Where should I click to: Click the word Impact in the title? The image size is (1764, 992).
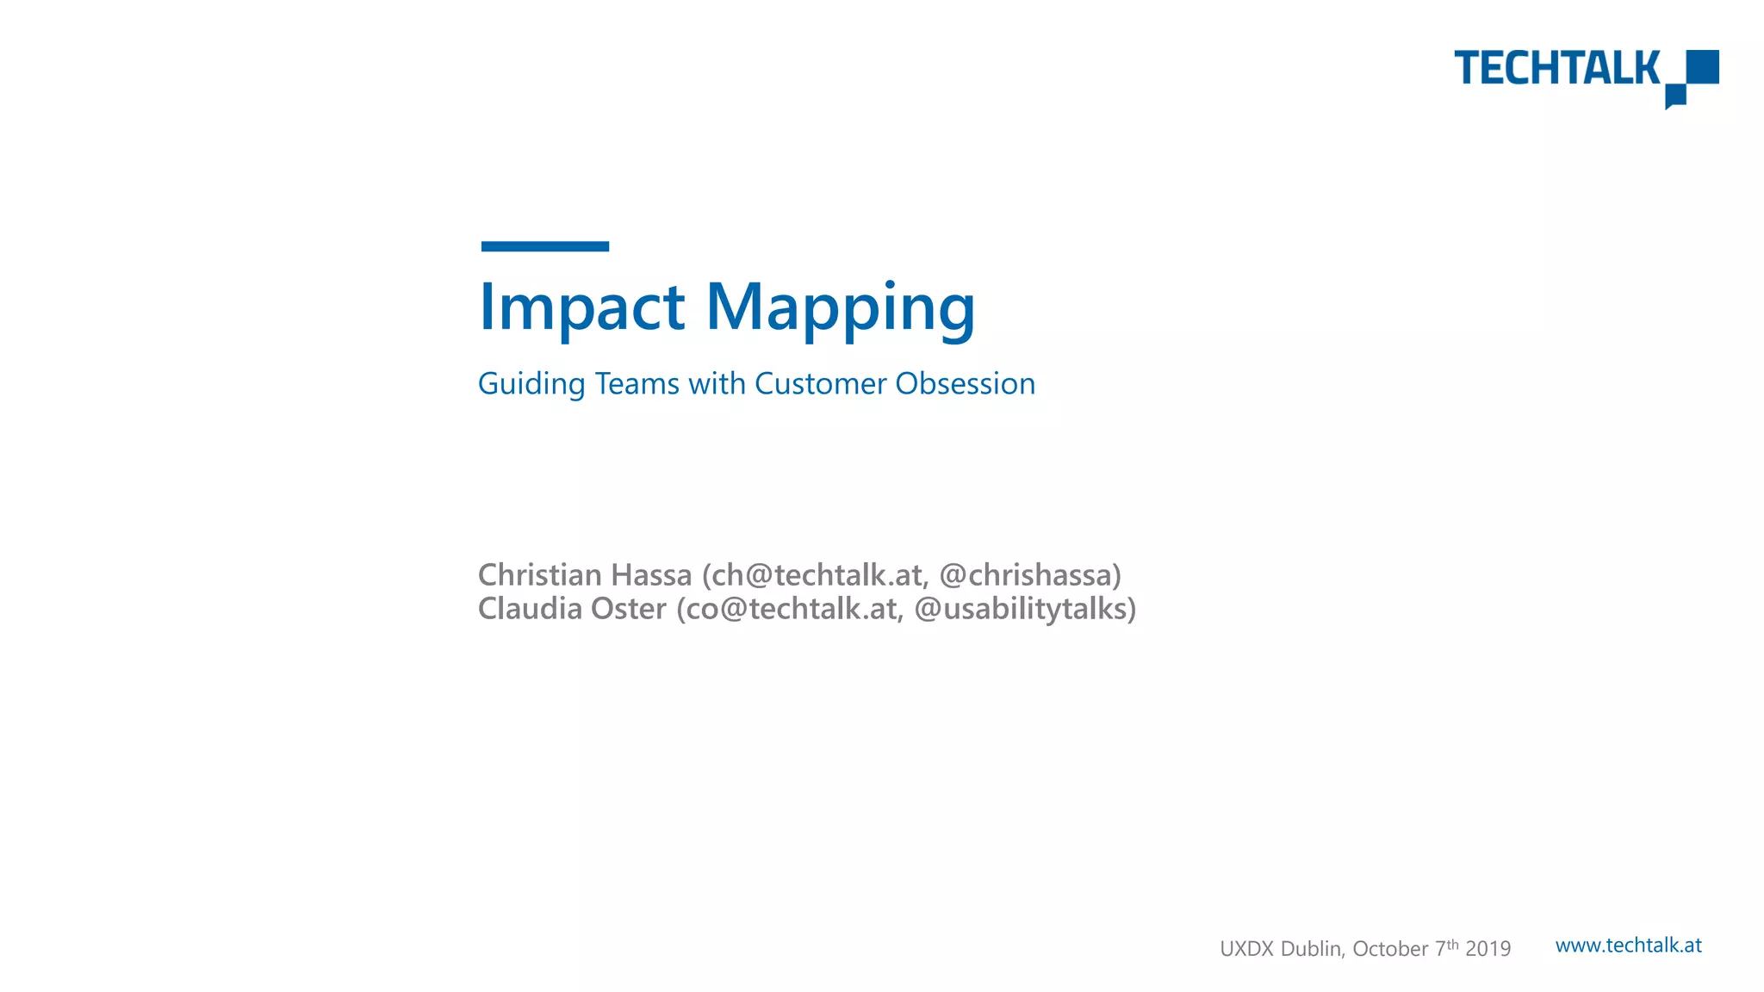point(581,307)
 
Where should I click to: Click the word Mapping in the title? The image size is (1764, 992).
point(841,308)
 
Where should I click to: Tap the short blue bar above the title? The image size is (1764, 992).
point(544,246)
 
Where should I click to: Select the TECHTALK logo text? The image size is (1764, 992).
point(1556,68)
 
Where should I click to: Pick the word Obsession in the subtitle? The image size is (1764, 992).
point(965,384)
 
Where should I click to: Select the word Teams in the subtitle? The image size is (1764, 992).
point(637,384)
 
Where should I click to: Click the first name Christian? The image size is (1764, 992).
point(541,574)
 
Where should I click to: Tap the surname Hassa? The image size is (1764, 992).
point(651,574)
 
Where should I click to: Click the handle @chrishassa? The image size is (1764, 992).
point(1029,574)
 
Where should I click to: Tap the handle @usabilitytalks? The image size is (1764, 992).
point(1024,609)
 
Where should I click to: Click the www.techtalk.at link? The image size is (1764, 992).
point(1628,945)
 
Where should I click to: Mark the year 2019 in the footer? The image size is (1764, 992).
point(1488,949)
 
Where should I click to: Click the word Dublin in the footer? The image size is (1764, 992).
point(1312,949)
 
